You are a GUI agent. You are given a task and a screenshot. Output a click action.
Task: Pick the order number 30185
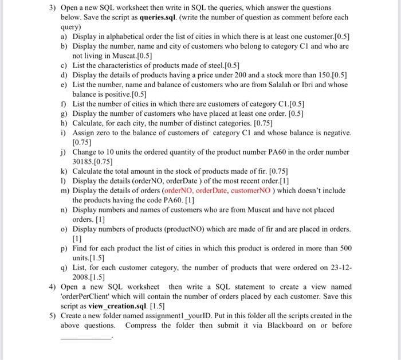coord(84,162)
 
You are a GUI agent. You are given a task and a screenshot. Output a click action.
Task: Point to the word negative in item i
coord(333,132)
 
